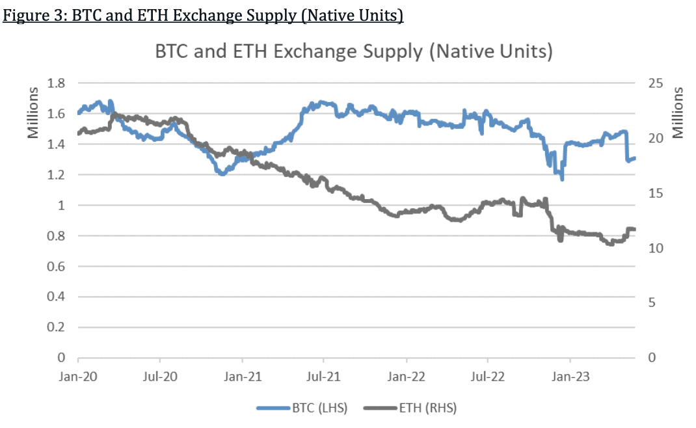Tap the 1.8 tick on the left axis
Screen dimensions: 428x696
click(57, 83)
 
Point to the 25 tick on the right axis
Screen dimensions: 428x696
click(654, 83)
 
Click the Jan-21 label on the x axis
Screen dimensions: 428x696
click(242, 376)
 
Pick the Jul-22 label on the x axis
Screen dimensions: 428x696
click(488, 376)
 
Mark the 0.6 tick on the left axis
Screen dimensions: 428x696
click(57, 266)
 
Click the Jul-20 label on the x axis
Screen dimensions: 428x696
click(160, 376)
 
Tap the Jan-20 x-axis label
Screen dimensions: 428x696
click(78, 376)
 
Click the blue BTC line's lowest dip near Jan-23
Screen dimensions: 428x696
click(561, 179)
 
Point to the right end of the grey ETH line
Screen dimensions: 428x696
click(634, 229)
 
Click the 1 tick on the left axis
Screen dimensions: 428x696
click(62, 206)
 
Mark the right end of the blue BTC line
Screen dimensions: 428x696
click(634, 158)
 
